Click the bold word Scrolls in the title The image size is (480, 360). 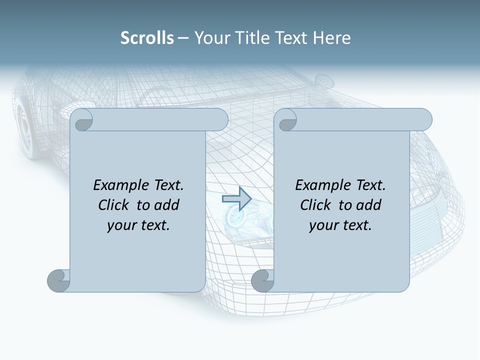[x=147, y=38]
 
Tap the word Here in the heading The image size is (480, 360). [x=331, y=38]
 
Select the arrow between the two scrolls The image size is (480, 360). [x=236, y=199]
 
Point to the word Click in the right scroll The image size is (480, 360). [x=316, y=205]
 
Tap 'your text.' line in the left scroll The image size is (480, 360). [x=138, y=225]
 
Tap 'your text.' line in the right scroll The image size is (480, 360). [x=340, y=225]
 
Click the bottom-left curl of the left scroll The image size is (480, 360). [x=59, y=280]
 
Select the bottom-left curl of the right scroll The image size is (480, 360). [x=262, y=280]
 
